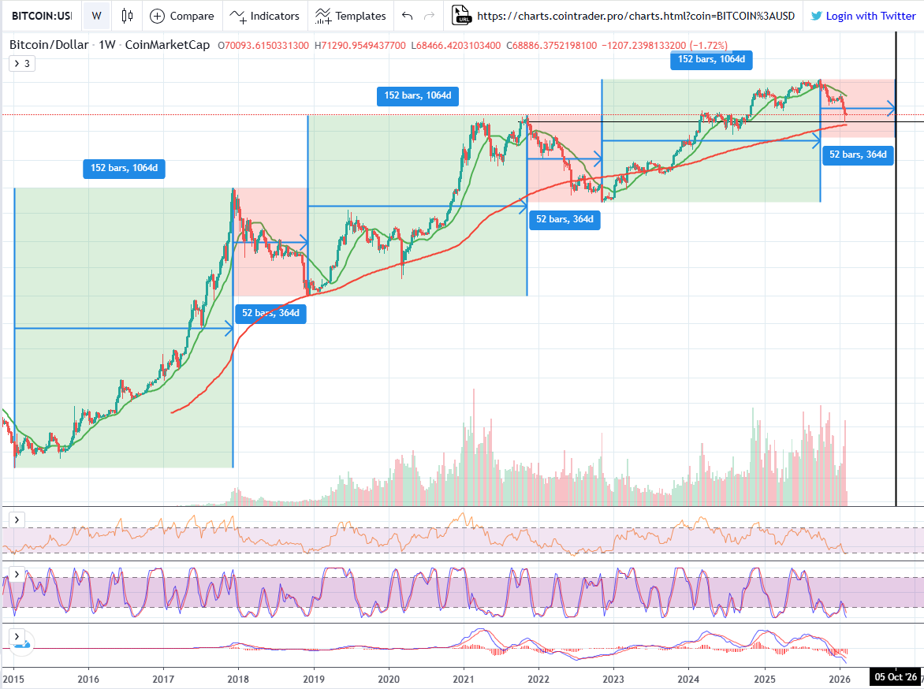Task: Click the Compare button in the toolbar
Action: pyautogui.click(x=182, y=16)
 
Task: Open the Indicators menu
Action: pyautogui.click(x=265, y=16)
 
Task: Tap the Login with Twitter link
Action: pyautogui.click(x=863, y=16)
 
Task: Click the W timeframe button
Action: pyautogui.click(x=96, y=16)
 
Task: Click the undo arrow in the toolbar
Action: pyautogui.click(x=407, y=16)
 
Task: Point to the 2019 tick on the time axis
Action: pyautogui.click(x=314, y=679)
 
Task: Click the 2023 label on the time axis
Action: pyautogui.click(x=614, y=679)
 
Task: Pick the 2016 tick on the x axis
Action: pyautogui.click(x=89, y=679)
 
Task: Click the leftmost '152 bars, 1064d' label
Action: pyautogui.click(x=124, y=168)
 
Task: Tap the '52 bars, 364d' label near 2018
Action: pyautogui.click(x=270, y=313)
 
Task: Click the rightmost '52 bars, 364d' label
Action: pyautogui.click(x=857, y=155)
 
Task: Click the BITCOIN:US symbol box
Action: pyautogui.click(x=41, y=16)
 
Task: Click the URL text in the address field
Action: pyautogui.click(x=635, y=16)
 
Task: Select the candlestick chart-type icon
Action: pyautogui.click(x=126, y=16)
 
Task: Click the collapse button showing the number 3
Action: pyautogui.click(x=21, y=64)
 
